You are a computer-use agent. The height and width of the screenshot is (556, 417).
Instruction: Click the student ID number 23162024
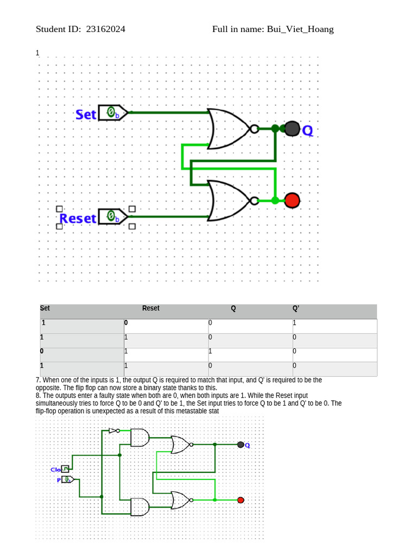pos(105,29)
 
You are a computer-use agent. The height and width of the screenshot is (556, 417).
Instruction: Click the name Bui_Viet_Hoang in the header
pos(300,29)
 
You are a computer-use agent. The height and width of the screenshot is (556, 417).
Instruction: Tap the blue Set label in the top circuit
pos(86,115)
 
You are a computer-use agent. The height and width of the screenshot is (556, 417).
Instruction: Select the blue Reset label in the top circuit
pos(78,218)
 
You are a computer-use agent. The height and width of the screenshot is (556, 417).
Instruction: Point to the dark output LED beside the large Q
pos(292,129)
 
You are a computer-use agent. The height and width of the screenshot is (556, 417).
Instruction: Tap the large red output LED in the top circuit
pos(292,200)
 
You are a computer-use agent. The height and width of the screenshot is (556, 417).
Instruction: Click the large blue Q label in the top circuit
pos(307,131)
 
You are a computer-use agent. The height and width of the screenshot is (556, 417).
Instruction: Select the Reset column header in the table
pos(150,308)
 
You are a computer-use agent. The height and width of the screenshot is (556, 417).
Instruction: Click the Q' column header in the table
pos(296,308)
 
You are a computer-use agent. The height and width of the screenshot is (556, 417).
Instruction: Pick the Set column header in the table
pos(45,308)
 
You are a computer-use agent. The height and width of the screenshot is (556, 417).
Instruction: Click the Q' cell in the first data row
pos(295,323)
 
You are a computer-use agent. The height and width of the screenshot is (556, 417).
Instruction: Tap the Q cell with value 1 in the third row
pos(211,351)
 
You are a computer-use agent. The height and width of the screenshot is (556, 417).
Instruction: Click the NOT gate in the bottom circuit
pos(113,431)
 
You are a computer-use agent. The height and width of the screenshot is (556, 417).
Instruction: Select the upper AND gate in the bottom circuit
pos(140,438)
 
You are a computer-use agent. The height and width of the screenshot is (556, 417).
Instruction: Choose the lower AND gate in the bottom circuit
pos(140,507)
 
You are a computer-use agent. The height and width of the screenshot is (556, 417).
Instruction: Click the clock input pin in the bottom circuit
pos(65,469)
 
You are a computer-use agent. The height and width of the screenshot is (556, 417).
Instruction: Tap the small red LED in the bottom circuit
pos(241,500)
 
